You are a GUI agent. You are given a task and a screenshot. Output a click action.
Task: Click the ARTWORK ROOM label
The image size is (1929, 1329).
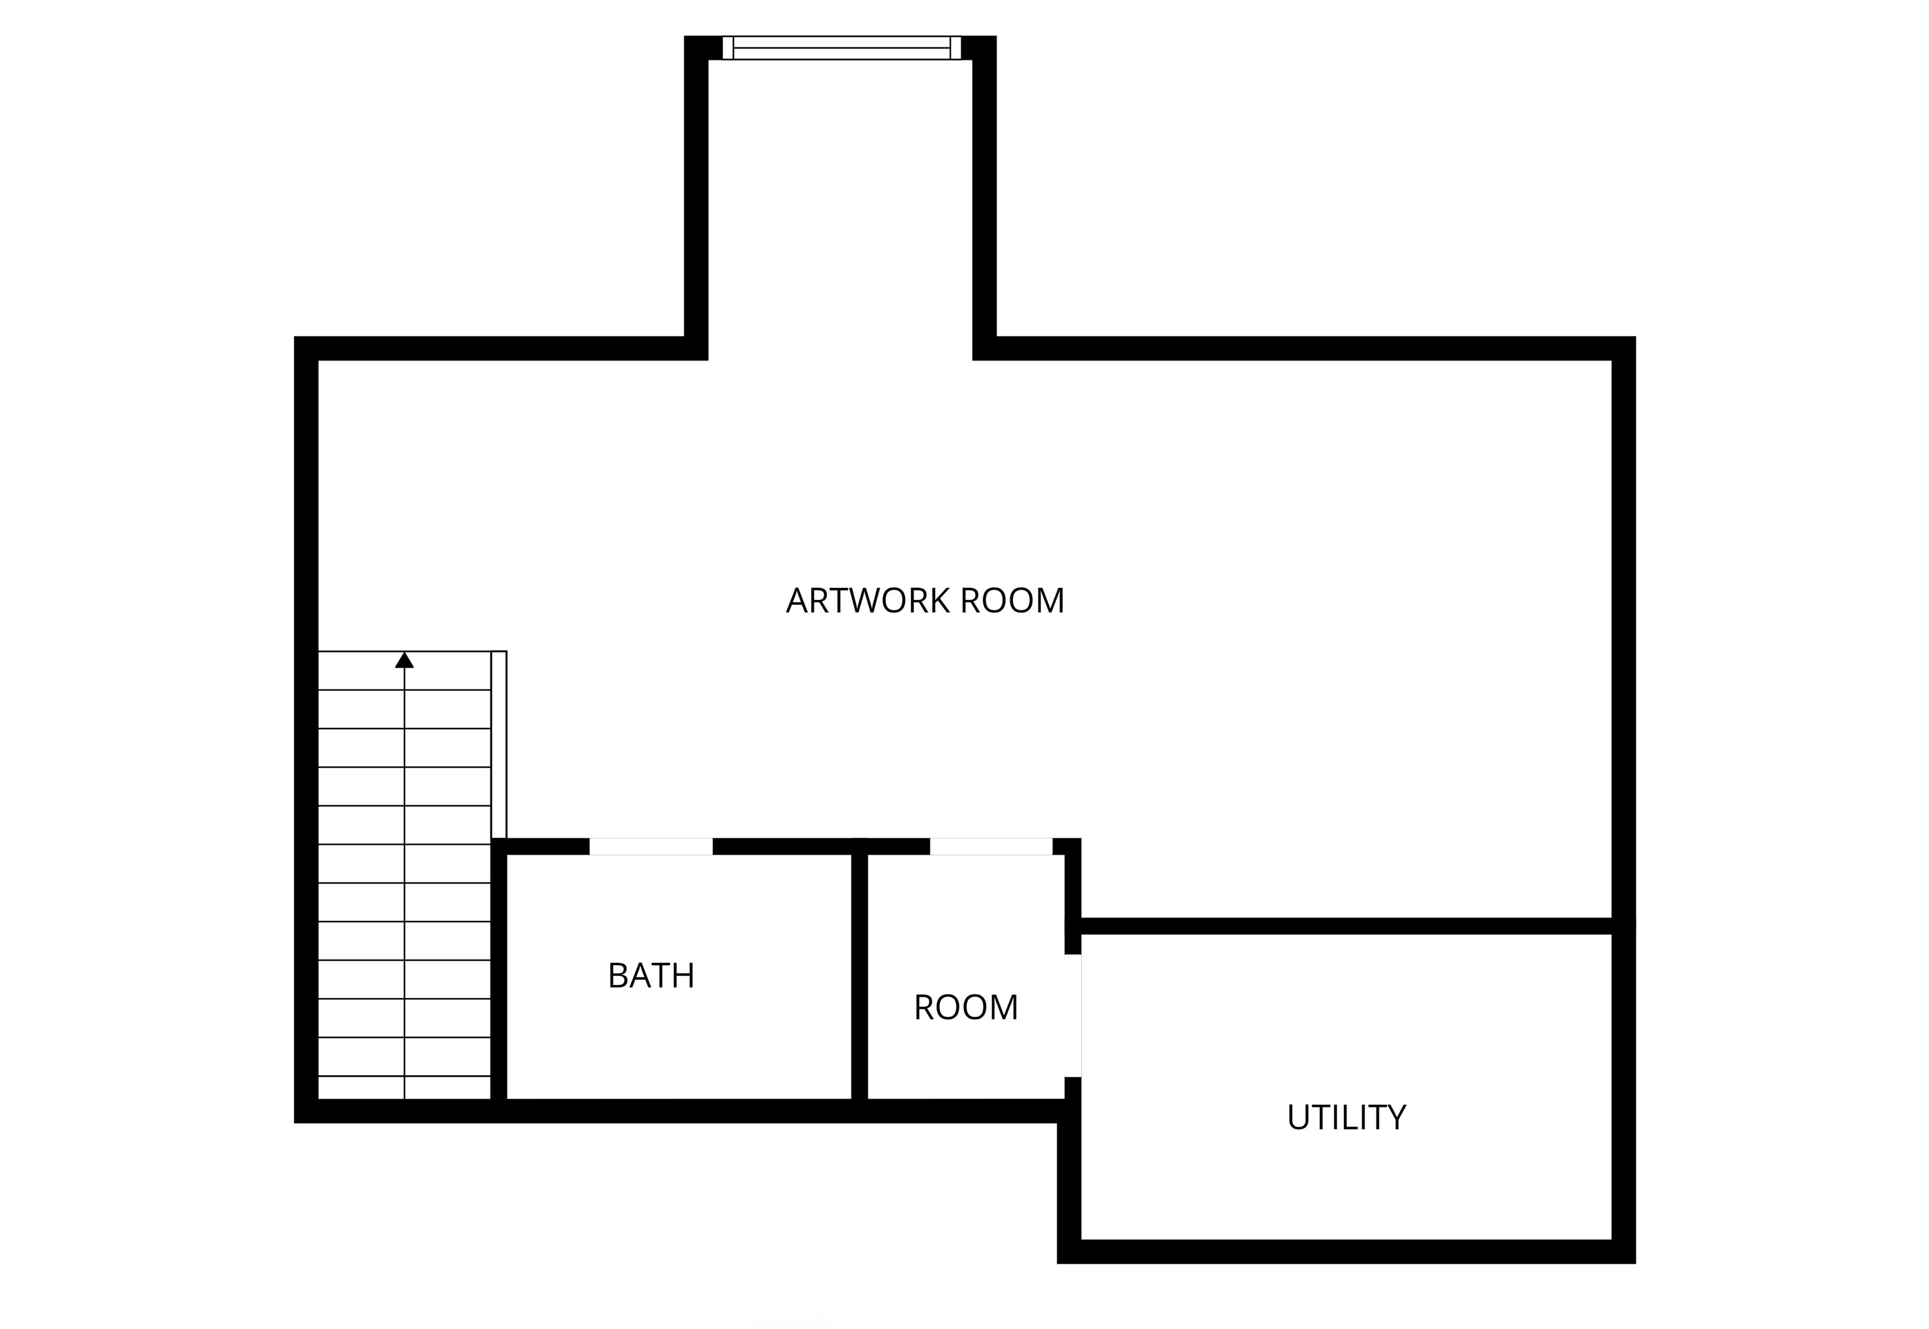click(925, 600)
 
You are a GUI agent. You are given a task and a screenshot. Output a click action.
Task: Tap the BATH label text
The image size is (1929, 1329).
click(651, 976)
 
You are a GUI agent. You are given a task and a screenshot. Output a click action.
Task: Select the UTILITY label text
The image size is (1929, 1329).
click(1346, 1117)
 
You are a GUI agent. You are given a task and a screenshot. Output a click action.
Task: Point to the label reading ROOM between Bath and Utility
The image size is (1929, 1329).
click(966, 1007)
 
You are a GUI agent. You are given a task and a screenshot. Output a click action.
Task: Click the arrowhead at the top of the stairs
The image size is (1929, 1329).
click(404, 659)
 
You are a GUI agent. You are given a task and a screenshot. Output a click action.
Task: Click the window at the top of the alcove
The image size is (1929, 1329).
click(841, 48)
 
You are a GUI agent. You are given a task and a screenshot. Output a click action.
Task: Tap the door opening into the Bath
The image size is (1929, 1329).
click(651, 846)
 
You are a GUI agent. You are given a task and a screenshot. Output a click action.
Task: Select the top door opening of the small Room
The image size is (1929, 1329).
click(991, 846)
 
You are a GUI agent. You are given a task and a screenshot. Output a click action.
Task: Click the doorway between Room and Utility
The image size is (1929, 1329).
click(1073, 1015)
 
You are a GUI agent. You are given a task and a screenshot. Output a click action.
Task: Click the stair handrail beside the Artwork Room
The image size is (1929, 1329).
click(499, 744)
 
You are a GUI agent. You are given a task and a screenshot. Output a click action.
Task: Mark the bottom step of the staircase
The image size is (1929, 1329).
click(404, 1088)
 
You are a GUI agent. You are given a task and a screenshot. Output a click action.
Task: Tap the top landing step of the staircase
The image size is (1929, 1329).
click(404, 670)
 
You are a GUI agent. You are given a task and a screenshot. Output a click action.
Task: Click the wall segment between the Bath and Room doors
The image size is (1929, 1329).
click(821, 846)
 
